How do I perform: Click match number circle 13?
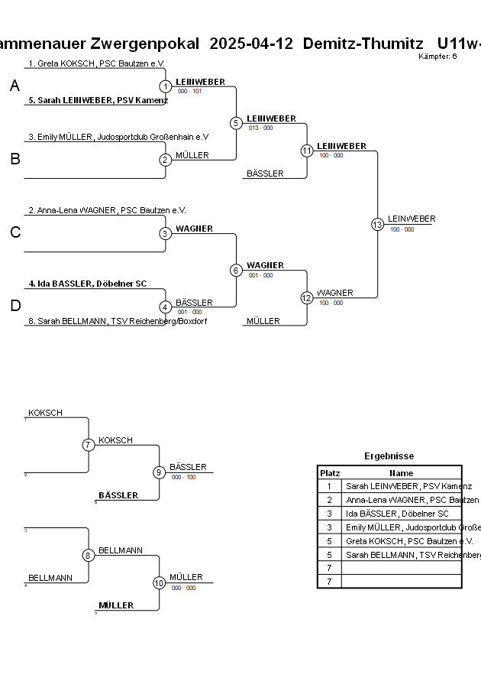tap(377, 224)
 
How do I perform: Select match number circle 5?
tap(236, 122)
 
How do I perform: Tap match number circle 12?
tap(306, 298)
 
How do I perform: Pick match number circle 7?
tap(89, 445)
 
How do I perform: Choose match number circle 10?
tap(159, 583)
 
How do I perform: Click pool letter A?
tap(15, 86)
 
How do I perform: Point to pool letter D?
tap(15, 306)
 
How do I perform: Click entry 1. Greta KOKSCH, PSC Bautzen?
tap(96, 63)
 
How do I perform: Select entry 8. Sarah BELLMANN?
tap(118, 321)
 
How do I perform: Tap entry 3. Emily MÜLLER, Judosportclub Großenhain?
tap(118, 137)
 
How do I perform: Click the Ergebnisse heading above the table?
tap(389, 456)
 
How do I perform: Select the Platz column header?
tap(330, 473)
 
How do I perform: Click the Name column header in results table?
tap(402, 473)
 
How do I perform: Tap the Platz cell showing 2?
tap(330, 500)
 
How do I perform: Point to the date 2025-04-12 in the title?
tap(251, 44)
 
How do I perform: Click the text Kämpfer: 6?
tap(438, 56)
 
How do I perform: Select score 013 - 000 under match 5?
tap(261, 128)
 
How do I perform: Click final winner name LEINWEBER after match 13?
tap(412, 219)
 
